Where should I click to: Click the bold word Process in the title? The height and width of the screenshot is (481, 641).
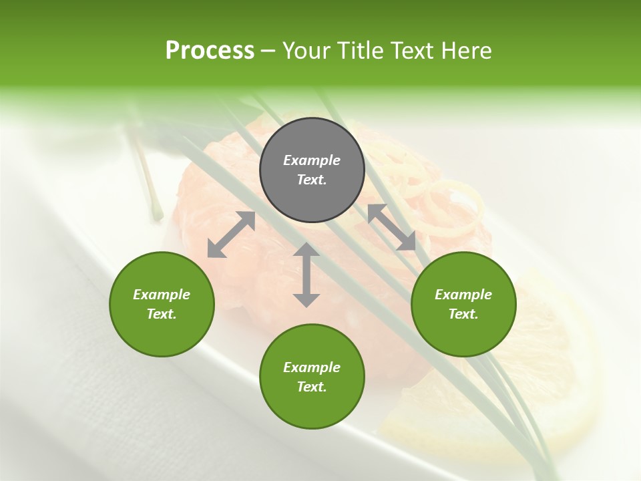coord(210,51)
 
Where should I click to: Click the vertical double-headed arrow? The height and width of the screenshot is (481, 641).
coord(306,275)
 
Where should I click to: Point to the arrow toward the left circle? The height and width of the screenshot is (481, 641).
coord(231,234)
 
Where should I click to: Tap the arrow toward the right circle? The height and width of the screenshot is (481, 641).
coord(391,227)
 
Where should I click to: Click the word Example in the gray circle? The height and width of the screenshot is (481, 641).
coord(312,160)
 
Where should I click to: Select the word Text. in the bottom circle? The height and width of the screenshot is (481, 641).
coord(312,387)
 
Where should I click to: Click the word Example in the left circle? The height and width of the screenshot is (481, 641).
coord(162,295)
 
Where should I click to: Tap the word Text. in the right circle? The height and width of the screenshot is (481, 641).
coord(463,314)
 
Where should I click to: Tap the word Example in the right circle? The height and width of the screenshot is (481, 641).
coord(463,295)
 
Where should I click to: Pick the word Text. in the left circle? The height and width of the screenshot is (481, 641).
coord(162,314)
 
